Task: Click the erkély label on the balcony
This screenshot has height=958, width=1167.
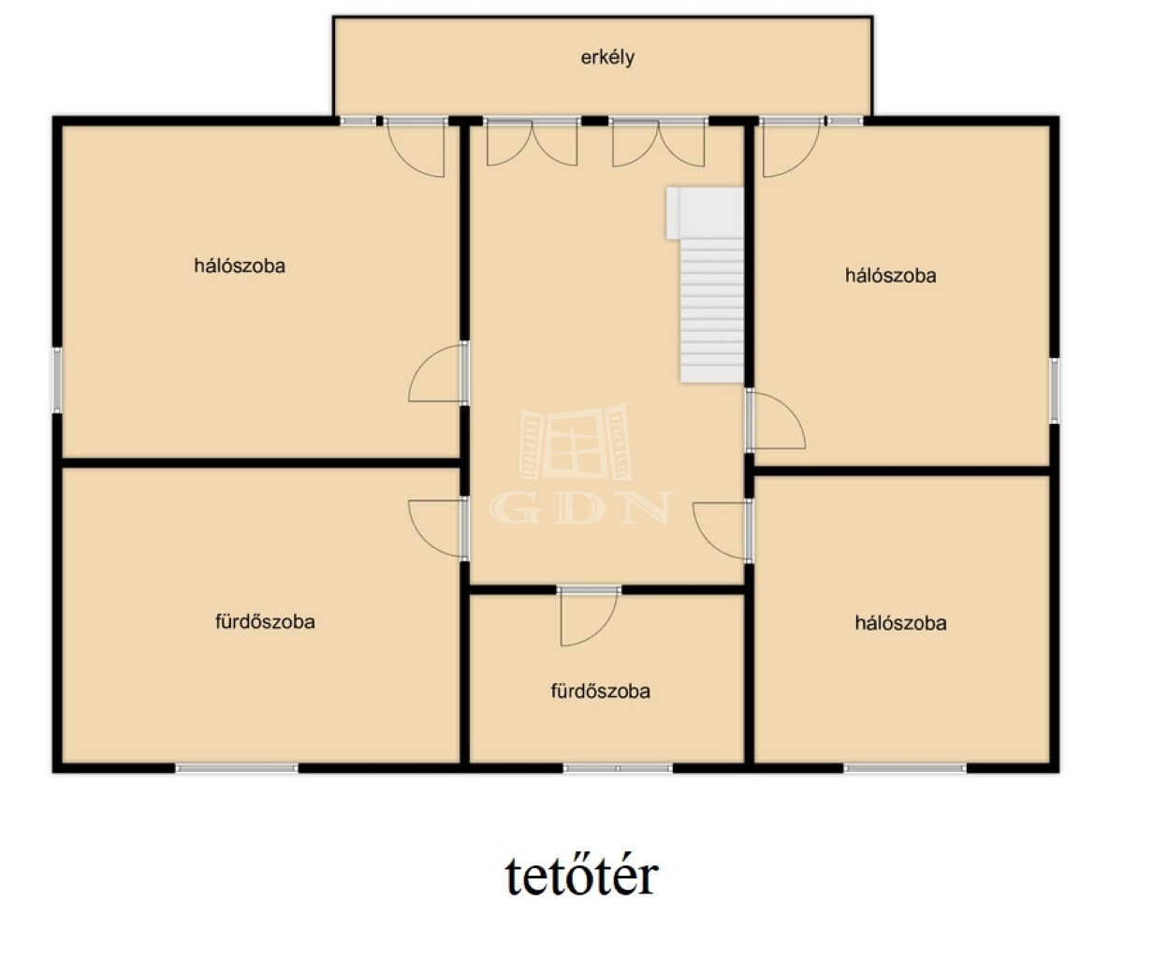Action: (607, 57)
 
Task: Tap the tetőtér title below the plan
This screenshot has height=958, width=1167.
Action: (581, 876)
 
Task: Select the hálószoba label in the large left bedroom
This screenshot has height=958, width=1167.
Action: (240, 266)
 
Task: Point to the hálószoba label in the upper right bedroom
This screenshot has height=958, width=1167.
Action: (890, 275)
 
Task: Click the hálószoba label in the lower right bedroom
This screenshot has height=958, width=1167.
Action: (900, 623)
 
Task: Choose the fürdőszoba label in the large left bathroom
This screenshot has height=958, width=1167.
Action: (265, 622)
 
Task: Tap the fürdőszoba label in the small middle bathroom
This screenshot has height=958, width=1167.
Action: (601, 690)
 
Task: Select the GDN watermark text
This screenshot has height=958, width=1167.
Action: (581, 508)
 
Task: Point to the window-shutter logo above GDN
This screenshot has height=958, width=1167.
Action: (576, 442)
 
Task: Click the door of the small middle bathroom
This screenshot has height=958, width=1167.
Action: (589, 617)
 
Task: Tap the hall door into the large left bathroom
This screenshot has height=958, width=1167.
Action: (438, 529)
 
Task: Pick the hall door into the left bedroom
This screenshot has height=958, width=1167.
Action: (438, 373)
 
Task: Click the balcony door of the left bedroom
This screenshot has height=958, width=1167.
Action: (416, 147)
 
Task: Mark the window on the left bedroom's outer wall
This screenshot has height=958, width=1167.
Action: (57, 380)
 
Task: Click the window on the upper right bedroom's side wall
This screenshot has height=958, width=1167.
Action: (1055, 390)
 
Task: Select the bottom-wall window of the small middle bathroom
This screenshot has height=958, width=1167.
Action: (618, 768)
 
